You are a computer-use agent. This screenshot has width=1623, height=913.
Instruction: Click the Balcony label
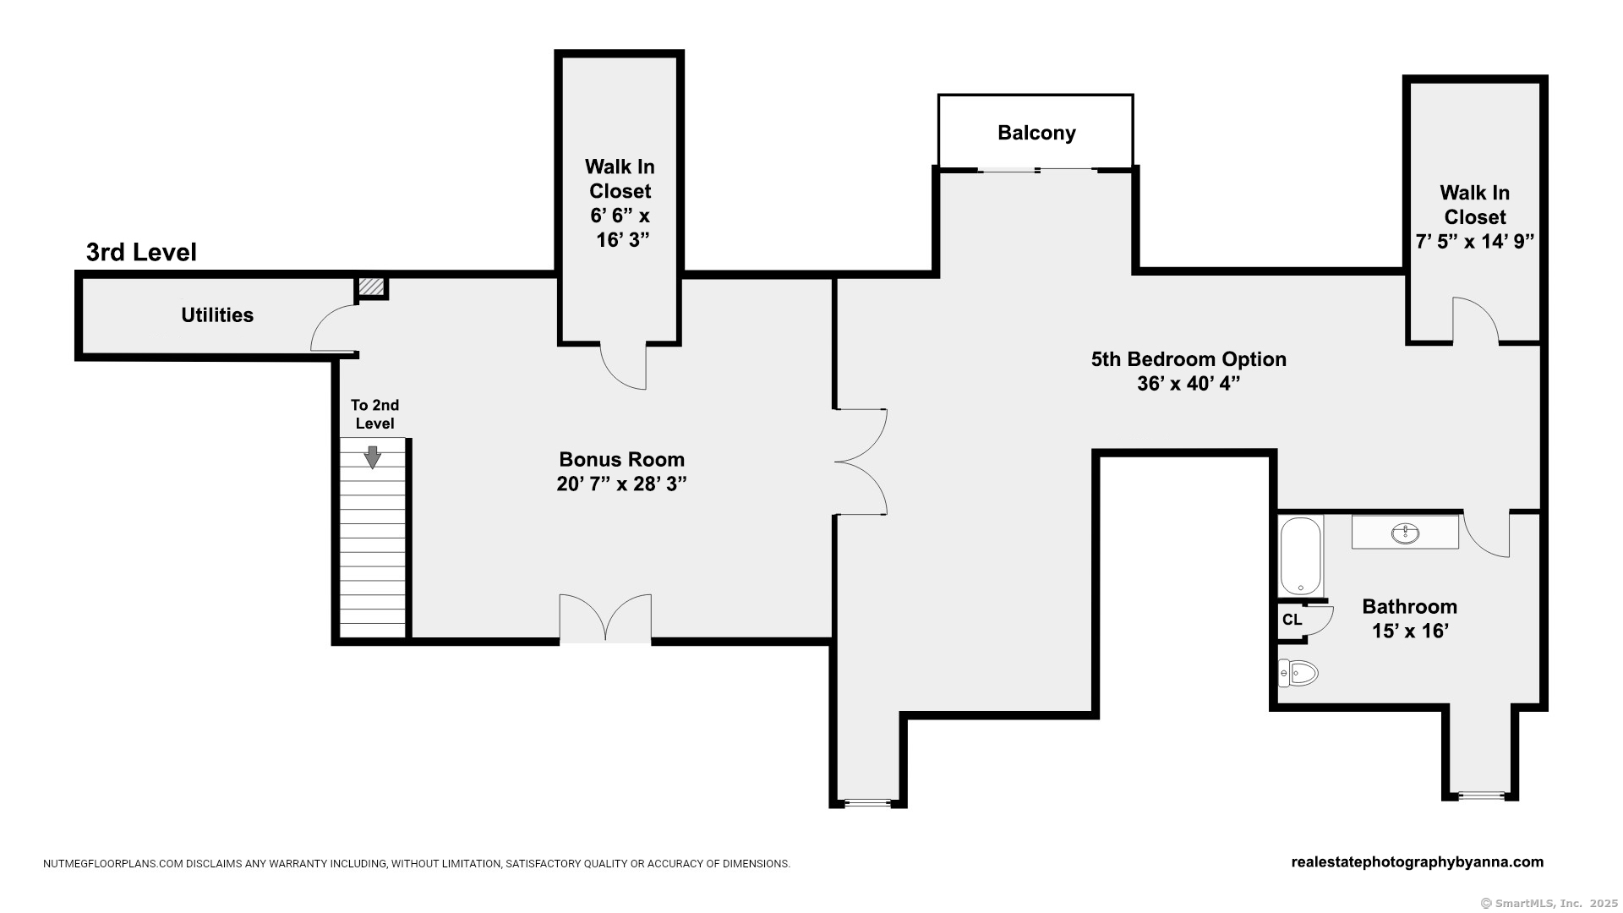[1036, 133]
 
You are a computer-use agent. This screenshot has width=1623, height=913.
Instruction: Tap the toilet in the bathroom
[1298, 673]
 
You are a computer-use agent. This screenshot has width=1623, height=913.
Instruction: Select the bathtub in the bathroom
[1300, 556]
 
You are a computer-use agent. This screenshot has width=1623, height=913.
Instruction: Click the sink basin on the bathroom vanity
[1405, 533]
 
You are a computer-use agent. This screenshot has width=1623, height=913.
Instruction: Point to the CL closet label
[1292, 620]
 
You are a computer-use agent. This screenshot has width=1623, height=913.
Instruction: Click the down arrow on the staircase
[372, 457]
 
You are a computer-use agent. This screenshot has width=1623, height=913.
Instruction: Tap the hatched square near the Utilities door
[371, 287]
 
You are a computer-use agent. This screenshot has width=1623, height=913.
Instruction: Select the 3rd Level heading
[141, 252]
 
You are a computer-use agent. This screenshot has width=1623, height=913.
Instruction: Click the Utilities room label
[217, 315]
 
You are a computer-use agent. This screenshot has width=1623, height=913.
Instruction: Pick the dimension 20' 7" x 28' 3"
[621, 484]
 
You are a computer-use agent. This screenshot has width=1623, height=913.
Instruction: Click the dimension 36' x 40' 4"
[1189, 384]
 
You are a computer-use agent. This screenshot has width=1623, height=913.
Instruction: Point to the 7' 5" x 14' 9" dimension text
[1474, 242]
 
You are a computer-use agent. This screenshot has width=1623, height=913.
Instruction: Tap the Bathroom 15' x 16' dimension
[1410, 631]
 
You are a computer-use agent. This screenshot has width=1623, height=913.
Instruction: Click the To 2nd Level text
[374, 414]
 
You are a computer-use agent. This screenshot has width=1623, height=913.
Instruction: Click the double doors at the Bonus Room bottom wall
[605, 620]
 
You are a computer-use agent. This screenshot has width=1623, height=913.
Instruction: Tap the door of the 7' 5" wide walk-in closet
[1474, 321]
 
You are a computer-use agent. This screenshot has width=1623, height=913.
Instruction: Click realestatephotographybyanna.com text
[1417, 862]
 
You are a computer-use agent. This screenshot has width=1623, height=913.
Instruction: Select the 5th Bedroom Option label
[1189, 359]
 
